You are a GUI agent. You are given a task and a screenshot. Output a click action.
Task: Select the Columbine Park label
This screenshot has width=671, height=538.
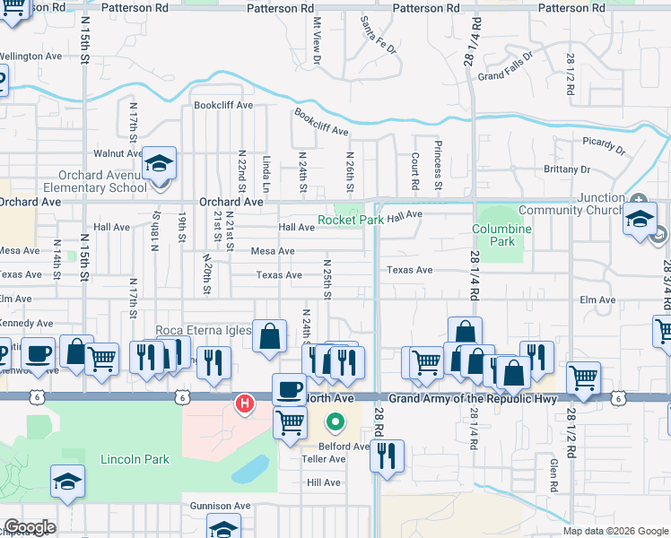(502, 235)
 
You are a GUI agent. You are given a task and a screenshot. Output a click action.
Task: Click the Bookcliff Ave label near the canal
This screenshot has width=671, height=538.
(321, 123)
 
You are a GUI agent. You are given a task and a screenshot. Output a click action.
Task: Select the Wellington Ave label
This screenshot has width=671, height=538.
(30, 56)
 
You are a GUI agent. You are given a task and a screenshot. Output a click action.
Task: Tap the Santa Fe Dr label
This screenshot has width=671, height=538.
(378, 34)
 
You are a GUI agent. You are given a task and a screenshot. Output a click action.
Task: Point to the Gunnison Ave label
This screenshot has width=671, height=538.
(220, 506)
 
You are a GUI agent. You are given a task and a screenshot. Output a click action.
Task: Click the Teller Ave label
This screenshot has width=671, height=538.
(326, 459)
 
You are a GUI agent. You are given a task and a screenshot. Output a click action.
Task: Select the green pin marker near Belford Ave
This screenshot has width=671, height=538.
(335, 420)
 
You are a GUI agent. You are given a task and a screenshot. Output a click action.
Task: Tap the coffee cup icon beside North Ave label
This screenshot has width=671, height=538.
(288, 389)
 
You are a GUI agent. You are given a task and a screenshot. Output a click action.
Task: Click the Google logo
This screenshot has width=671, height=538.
(30, 527)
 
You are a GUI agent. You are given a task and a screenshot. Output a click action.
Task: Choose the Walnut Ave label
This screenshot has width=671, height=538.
(112, 153)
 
